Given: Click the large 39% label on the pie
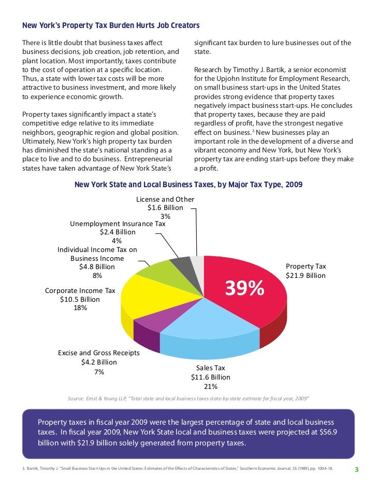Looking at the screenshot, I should tap(244, 289).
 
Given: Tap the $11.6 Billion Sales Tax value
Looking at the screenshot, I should tap(211, 377).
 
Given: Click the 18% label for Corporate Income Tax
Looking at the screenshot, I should tap(80, 308).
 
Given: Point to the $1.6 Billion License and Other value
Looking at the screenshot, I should tap(165, 207).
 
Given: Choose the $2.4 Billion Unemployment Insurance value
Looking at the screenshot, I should tap(118, 232).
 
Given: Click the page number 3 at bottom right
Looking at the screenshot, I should tap(356, 470).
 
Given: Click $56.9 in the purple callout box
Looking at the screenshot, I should tap(323, 432).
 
